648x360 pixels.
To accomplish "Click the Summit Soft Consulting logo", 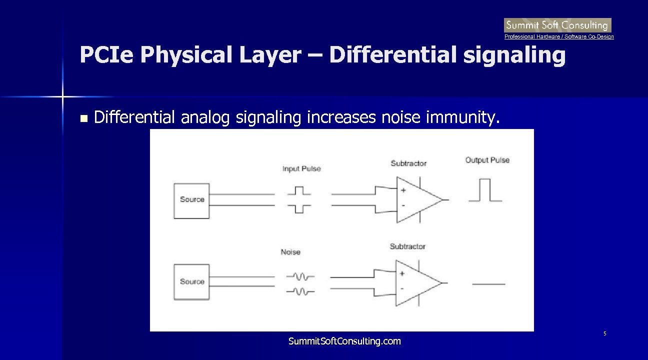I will coord(557,25).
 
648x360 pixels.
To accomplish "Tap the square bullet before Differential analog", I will coord(83,119).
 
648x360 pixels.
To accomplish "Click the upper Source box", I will coord(191,200).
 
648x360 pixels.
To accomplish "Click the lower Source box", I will coord(191,282).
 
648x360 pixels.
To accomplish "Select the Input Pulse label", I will coord(301,169).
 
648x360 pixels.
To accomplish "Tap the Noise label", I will coord(290,252).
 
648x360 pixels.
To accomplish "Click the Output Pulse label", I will coord(487,160).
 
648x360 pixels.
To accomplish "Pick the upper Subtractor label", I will coord(408,163).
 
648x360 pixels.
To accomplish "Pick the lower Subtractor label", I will coord(407,246).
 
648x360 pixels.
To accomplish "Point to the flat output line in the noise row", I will coord(488,284).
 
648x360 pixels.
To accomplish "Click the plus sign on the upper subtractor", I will coord(403,190).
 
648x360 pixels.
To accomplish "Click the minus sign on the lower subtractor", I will coord(402,289).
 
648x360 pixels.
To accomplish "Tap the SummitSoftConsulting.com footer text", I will coord(344,341).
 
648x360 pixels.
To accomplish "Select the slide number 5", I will coord(604,333).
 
